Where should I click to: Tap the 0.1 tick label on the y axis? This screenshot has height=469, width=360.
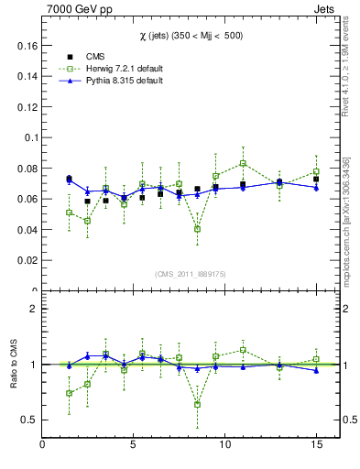(27, 137)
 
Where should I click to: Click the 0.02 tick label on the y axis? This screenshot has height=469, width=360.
(25, 260)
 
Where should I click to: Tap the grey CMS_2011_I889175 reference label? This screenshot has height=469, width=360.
(180, 273)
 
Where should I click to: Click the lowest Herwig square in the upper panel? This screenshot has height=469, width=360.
(197, 229)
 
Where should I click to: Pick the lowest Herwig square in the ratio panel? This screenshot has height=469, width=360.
(197, 404)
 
